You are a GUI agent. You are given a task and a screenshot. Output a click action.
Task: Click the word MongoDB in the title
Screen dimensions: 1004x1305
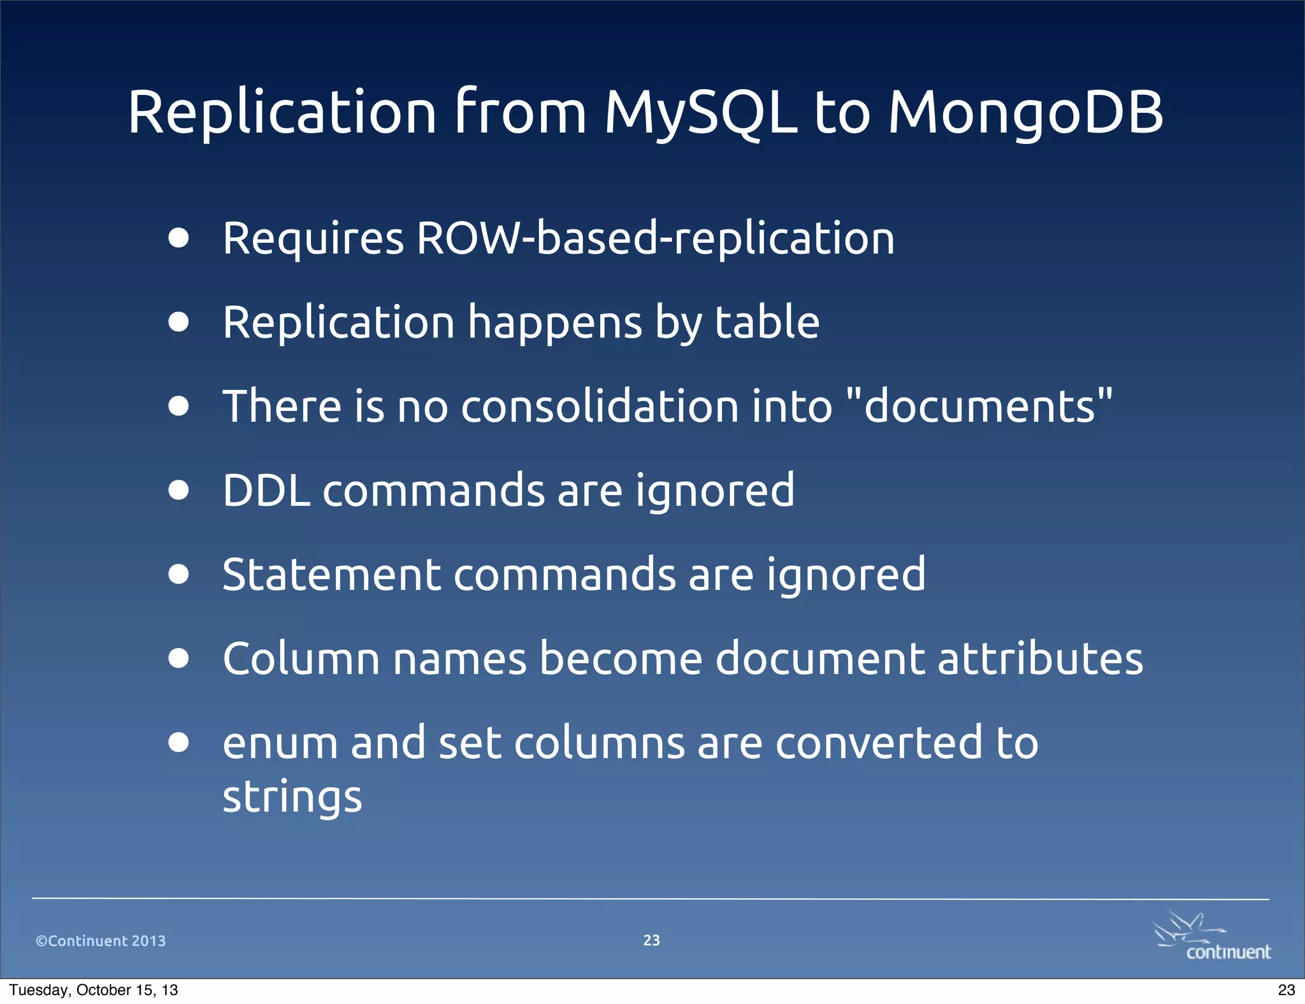1025,113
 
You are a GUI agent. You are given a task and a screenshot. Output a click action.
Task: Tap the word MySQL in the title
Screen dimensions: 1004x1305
700,113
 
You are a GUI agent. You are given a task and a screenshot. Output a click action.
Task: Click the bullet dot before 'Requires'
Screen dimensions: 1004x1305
179,238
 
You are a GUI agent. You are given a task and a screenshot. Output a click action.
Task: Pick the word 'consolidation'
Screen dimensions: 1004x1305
598,406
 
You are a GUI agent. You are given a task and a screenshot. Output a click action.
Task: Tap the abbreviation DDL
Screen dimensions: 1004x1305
266,491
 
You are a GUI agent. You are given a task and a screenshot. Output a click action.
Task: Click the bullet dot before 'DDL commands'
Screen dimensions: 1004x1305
179,491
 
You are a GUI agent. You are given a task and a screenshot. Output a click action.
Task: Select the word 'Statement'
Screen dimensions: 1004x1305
331,575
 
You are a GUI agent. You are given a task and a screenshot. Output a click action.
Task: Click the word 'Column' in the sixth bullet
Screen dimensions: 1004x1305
301,658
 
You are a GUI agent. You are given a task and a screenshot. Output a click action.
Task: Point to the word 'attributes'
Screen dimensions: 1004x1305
1040,658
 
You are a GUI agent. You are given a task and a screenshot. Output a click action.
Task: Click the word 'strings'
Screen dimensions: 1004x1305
292,797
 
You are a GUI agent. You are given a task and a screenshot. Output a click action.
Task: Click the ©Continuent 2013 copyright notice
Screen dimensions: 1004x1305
101,941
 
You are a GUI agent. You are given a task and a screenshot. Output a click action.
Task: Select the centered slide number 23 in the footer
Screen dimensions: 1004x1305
651,940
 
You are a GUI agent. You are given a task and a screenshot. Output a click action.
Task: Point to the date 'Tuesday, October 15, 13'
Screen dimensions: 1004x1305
94,990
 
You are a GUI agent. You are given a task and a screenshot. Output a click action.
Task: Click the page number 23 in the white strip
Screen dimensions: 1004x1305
1286,990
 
